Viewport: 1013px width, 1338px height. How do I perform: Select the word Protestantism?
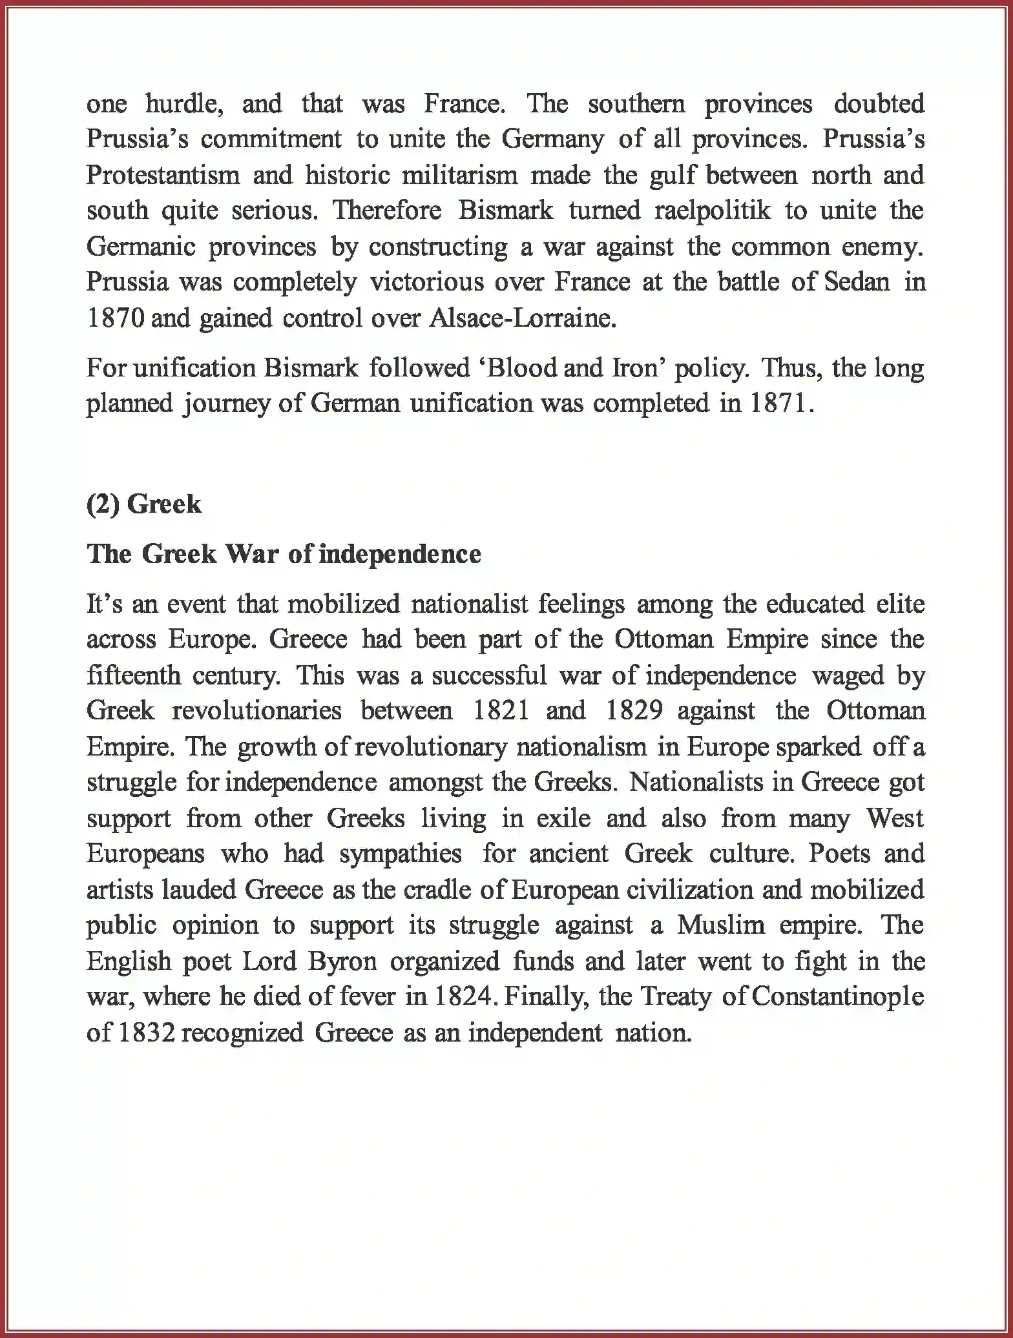click(x=163, y=176)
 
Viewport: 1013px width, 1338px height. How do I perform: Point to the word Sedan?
click(x=857, y=282)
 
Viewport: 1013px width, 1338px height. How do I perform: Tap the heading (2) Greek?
click(x=144, y=504)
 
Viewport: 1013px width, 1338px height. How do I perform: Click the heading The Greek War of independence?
click(x=284, y=554)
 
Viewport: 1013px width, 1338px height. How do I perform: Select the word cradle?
click(x=439, y=890)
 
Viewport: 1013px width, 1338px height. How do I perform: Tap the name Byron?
click(x=342, y=962)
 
